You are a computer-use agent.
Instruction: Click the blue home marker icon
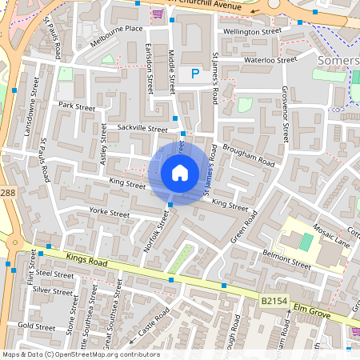pos(180,173)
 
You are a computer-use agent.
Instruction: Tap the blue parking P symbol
pos(194,74)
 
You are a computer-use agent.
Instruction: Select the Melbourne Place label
pos(117,28)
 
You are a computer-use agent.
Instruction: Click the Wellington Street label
pos(253,31)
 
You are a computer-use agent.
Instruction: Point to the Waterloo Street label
pos(270,59)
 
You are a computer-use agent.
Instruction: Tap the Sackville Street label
pos(142,128)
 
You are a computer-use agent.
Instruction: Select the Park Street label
pos(77,106)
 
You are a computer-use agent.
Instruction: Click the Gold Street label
pos(36,326)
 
